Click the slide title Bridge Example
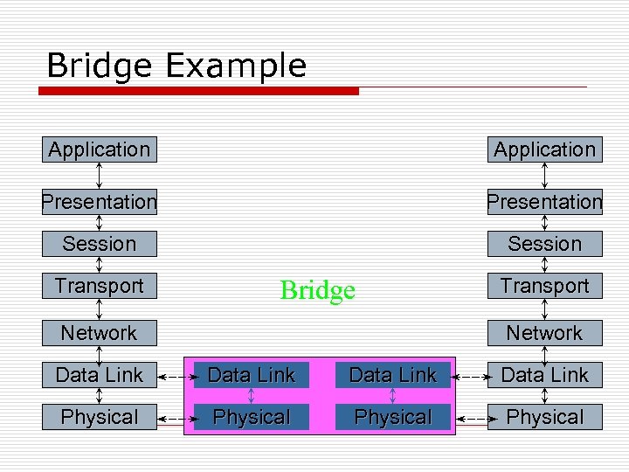(176, 66)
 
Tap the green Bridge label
(317, 290)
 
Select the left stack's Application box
(100, 149)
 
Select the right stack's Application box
(544, 149)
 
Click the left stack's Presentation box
(100, 202)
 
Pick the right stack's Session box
(544, 244)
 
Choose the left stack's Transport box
(100, 286)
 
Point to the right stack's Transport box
(544, 286)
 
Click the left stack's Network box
(100, 333)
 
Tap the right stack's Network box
(544, 333)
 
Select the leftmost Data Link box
(100, 375)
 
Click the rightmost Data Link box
(544, 375)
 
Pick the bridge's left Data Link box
(252, 375)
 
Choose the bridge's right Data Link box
(392, 375)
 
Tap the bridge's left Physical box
(252, 417)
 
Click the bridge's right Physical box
(392, 417)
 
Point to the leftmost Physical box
(100, 417)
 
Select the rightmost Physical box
(544, 417)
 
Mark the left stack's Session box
(100, 244)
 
